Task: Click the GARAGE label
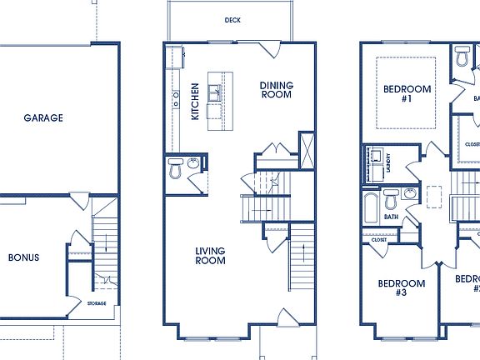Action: click(x=42, y=118)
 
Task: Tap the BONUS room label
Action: click(x=23, y=257)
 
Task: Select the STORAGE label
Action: click(x=97, y=303)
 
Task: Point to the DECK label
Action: click(x=232, y=20)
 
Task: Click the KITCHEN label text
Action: click(x=195, y=102)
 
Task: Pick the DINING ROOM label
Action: click(x=276, y=89)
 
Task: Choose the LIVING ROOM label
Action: click(x=211, y=256)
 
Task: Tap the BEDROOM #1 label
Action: click(x=407, y=93)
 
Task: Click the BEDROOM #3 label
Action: click(x=402, y=288)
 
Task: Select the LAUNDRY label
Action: click(x=389, y=164)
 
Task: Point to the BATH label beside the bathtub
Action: click(x=390, y=217)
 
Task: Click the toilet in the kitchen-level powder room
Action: click(x=175, y=170)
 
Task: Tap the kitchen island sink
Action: click(x=214, y=91)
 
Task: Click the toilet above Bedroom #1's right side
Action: click(x=462, y=57)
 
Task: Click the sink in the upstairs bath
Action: click(x=408, y=195)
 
